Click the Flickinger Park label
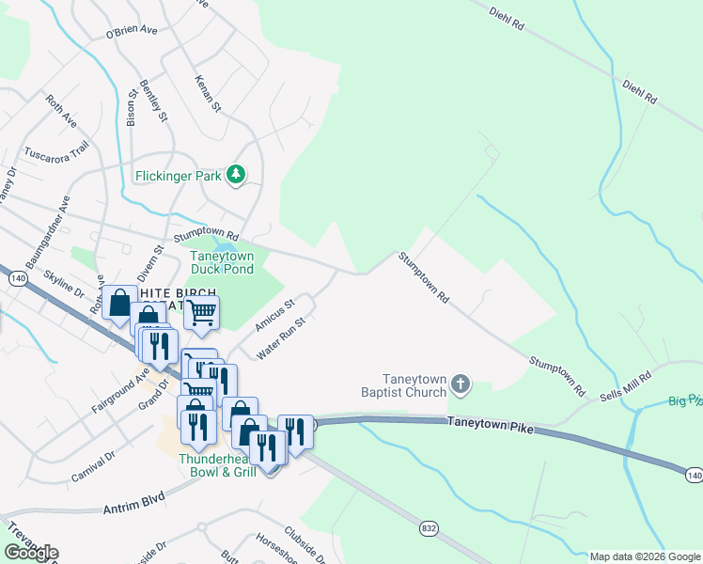(177, 175)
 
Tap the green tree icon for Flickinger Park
(237, 175)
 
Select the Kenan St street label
(208, 95)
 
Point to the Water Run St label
(283, 337)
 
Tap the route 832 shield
(428, 528)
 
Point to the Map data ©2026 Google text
(644, 556)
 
